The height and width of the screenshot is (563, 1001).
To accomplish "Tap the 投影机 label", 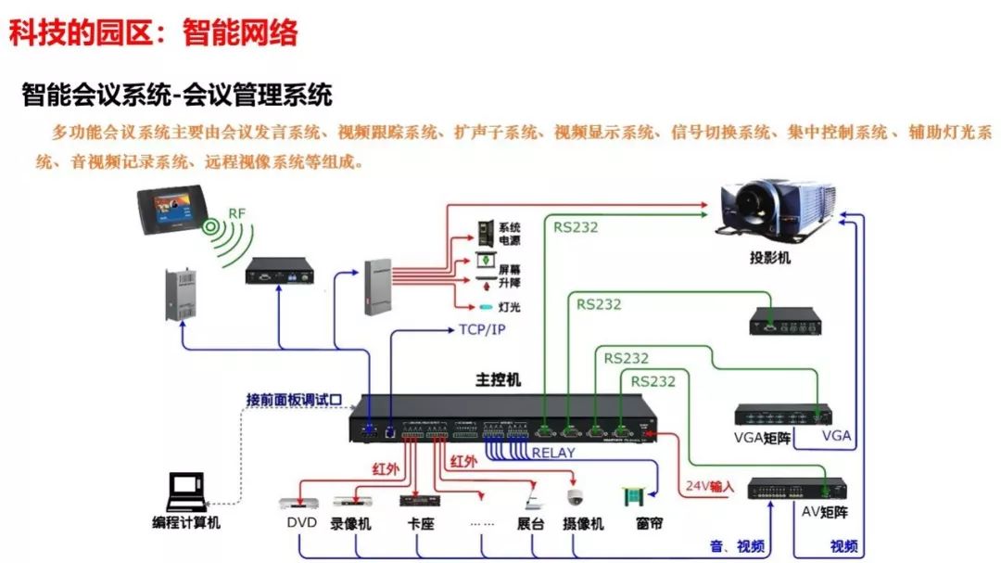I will coord(769,259).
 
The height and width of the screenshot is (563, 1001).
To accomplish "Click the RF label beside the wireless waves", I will coord(237,214).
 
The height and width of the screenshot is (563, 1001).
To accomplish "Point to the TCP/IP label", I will coord(482,329).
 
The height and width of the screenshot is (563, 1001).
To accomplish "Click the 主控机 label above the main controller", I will coord(499,380).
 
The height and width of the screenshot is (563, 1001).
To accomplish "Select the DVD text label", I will coord(301,523).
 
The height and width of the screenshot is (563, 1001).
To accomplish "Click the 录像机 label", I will coord(351,524).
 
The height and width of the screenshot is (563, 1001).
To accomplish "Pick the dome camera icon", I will coord(575,498).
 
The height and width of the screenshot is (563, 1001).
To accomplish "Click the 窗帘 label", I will coord(649,524).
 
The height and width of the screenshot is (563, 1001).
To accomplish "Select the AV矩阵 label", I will coord(824,511).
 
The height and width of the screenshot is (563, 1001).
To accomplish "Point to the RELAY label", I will coord(553,454).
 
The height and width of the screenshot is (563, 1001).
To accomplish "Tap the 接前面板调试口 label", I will coord(294,400).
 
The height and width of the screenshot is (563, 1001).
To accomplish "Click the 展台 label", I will coord(531,524).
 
